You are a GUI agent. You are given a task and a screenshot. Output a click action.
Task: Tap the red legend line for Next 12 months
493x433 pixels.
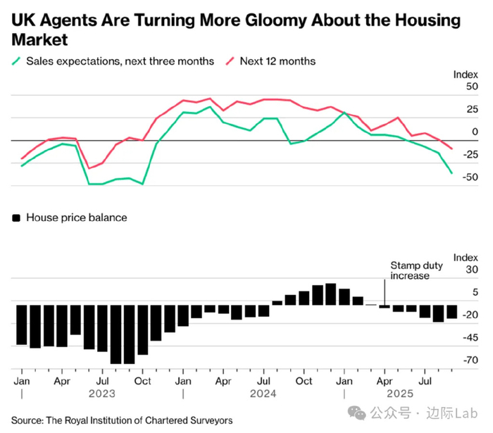click(230, 61)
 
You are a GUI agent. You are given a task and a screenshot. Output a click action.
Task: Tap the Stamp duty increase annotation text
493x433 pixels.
click(411, 270)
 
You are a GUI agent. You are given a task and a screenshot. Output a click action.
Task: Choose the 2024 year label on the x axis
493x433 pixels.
click(263, 394)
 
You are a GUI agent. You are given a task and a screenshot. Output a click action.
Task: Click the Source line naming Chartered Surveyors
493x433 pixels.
click(122, 420)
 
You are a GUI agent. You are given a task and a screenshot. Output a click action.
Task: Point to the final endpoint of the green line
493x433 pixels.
click(451, 172)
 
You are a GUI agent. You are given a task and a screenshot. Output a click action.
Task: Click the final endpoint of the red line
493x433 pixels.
click(451, 148)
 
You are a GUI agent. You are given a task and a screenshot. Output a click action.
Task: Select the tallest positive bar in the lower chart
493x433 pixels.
click(331, 294)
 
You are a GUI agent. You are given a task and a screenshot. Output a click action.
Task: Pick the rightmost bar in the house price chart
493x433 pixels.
click(451, 312)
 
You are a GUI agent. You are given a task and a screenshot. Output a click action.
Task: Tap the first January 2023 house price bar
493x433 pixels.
click(21, 325)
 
